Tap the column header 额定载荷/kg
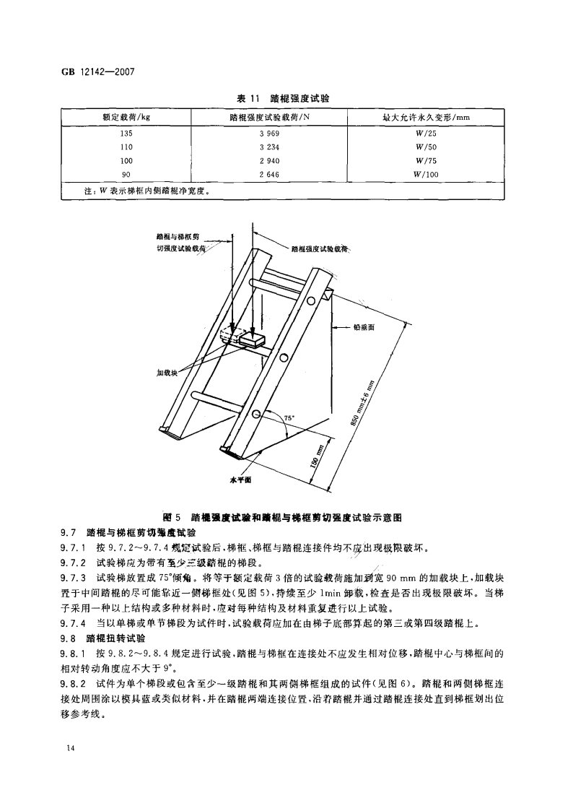coord(127,117)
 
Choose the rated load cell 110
coord(127,147)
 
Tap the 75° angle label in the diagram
coord(290,418)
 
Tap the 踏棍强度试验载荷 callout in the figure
coord(320,249)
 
